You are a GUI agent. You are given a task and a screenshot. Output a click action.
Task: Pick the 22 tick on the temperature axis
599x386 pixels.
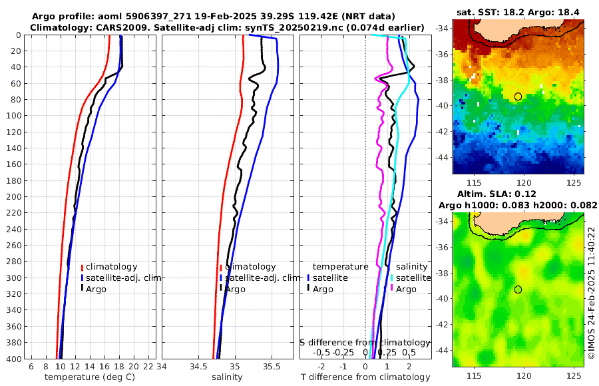(148, 367)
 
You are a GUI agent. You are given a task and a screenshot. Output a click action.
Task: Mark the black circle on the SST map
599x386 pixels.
(518, 96)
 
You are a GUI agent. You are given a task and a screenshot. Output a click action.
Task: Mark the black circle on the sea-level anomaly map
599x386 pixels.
(518, 289)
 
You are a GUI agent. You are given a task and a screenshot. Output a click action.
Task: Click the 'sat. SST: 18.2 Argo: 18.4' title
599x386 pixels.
(517, 13)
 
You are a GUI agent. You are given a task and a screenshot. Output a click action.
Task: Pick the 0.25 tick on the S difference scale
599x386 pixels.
(387, 352)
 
